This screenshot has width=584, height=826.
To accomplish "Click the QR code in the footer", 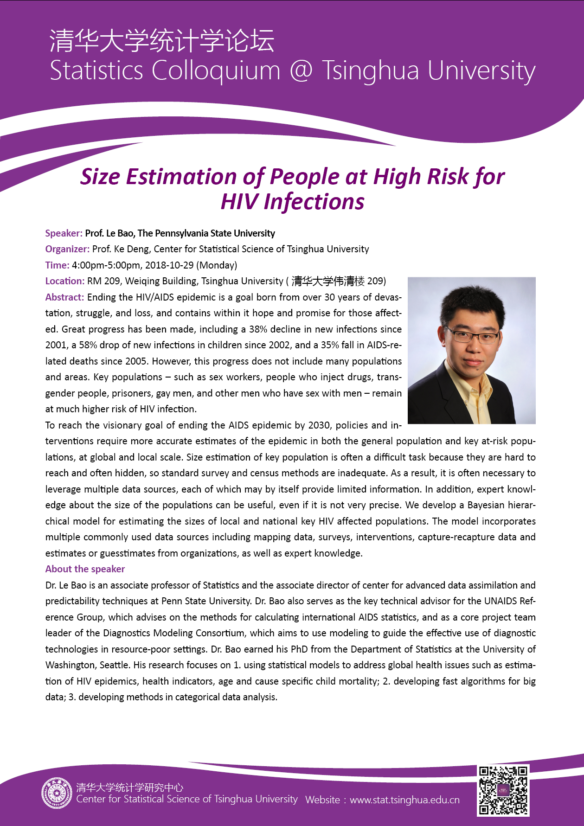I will [x=503, y=790].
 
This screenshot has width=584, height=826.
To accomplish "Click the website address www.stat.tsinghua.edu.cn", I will [x=404, y=800].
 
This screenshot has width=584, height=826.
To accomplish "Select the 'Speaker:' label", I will [x=64, y=233].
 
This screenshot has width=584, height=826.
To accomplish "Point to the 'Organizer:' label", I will [x=67, y=249].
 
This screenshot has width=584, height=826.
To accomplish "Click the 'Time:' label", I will [x=57, y=265].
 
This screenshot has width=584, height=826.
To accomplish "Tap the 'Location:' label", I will [x=64, y=281].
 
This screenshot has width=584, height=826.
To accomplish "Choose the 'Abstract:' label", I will [x=64, y=297].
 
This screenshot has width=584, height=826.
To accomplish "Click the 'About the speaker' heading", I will [x=85, y=569].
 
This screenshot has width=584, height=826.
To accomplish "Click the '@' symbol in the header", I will [x=301, y=71].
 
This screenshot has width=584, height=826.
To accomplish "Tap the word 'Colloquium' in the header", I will [x=216, y=71].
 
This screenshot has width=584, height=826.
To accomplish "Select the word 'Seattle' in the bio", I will [x=114, y=665].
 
